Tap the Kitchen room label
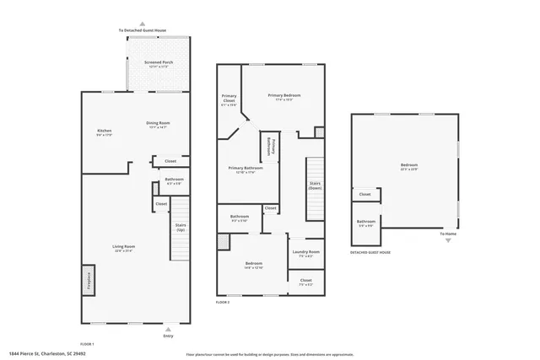[105, 132]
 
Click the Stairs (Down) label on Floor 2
[315, 185]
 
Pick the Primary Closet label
[228, 100]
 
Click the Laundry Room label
[305, 253]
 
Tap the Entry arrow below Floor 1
[168, 330]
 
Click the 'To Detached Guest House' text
[142, 30]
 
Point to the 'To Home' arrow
[448, 239]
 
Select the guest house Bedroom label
[408, 166]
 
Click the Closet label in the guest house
[364, 195]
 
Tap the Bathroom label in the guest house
[367, 223]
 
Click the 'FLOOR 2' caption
[223, 302]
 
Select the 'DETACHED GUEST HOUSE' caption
[370, 252]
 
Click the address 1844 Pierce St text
[48, 354]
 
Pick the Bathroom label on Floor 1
[175, 180]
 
